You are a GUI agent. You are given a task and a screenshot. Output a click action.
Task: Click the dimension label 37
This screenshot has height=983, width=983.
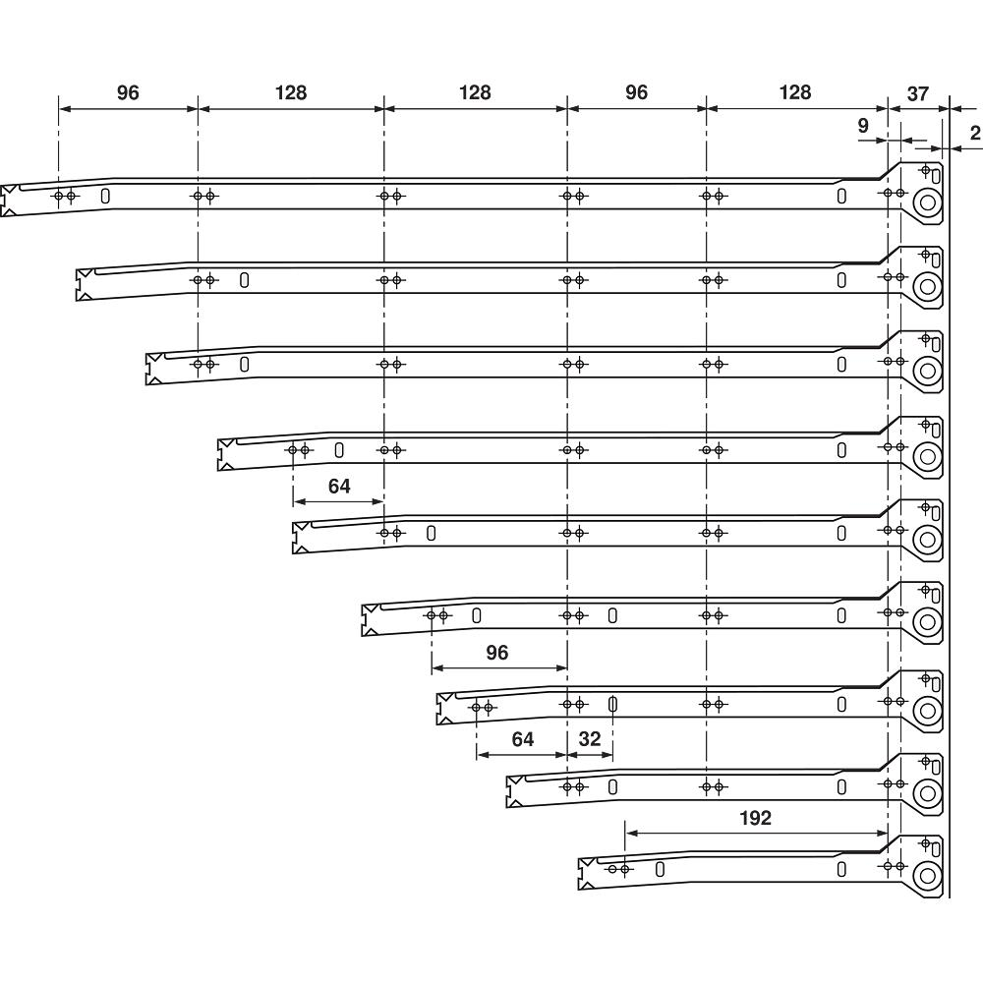click(x=917, y=94)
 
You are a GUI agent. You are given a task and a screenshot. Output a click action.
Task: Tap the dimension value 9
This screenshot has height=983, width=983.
click(x=863, y=126)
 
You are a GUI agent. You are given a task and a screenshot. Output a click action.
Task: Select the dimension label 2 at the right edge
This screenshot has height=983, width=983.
click(x=975, y=133)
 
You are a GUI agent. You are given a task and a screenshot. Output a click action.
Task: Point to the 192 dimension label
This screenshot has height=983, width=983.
click(x=755, y=818)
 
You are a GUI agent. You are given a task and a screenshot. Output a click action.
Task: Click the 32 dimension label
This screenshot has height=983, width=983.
click(x=589, y=739)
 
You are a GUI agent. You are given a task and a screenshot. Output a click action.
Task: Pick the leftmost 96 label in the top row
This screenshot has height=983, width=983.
click(x=128, y=92)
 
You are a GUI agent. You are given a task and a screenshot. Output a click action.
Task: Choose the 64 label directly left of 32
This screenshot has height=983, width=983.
click(x=522, y=739)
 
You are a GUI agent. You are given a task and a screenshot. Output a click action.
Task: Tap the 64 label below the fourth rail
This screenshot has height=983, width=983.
click(x=339, y=486)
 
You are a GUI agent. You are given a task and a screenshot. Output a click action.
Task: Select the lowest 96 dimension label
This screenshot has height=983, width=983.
click(x=497, y=653)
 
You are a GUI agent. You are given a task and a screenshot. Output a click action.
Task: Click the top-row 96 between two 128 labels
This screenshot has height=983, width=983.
click(x=636, y=92)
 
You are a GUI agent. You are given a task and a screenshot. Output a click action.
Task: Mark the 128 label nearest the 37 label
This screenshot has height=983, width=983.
click(x=795, y=92)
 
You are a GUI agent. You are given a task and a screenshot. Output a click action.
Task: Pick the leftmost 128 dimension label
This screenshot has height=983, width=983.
click(x=291, y=92)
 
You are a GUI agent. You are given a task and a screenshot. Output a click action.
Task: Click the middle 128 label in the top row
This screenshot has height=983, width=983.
click(x=475, y=92)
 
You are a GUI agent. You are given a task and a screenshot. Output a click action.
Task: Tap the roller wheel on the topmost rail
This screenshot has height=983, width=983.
click(x=927, y=203)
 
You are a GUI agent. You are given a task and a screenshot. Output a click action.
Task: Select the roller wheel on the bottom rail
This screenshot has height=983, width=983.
click(x=927, y=875)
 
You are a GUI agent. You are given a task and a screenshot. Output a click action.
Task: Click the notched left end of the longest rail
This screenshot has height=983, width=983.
click(x=9, y=201)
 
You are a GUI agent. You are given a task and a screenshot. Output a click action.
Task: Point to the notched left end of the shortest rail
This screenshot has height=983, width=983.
click(x=587, y=874)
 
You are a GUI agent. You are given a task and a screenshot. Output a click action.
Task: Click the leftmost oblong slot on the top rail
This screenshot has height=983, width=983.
click(x=105, y=197)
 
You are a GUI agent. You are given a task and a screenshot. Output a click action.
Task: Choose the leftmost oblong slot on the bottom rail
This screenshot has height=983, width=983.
click(x=660, y=870)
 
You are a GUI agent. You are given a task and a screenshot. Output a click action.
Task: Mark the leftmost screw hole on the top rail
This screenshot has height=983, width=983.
click(x=58, y=197)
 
